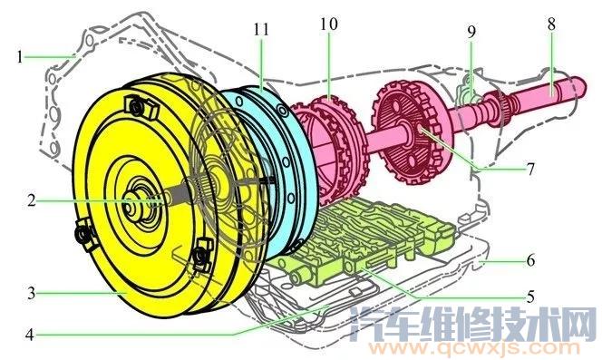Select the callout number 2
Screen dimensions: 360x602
(31, 199)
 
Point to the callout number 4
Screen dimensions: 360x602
(31, 333)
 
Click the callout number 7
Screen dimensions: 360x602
(530, 169)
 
